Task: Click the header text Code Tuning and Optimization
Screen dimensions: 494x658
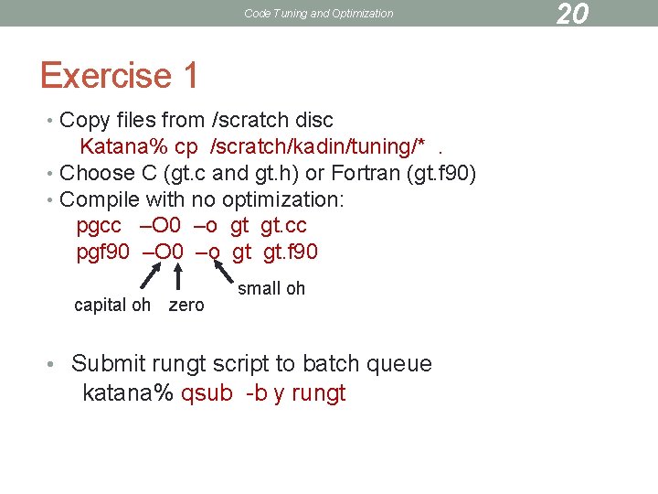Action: [318, 14]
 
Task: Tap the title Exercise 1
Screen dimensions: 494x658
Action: [119, 75]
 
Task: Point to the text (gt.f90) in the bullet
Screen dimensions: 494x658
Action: [442, 173]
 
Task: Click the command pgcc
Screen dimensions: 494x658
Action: [99, 226]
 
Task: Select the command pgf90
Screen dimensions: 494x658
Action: [103, 252]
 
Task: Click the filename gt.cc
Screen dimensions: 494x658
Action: [283, 226]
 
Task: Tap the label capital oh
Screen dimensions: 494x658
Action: [111, 305]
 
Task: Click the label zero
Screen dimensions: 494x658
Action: [186, 305]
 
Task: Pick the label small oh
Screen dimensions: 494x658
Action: [271, 288]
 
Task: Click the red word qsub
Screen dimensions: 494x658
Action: [207, 394]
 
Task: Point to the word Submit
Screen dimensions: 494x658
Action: [108, 364]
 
